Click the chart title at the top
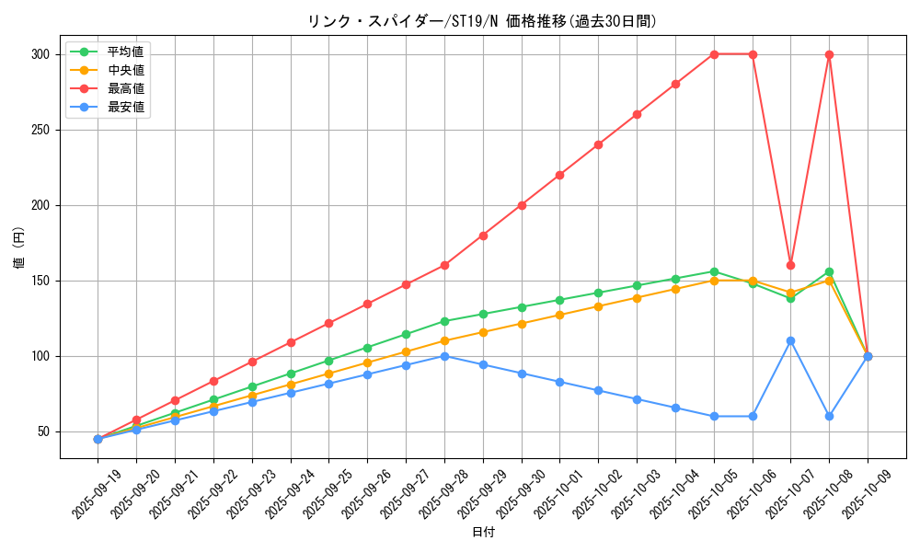pos(482,21)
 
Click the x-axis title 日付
pos(482,533)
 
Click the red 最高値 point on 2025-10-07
pos(790,265)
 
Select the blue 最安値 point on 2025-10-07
pos(790,340)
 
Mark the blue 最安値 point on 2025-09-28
pos(444,356)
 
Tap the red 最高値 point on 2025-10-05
pos(714,54)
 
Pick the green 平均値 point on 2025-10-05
pos(714,271)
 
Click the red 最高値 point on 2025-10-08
pos(829,54)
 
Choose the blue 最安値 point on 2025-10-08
pos(829,416)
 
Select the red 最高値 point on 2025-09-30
pos(522,205)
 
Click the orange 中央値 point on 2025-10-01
pos(559,315)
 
